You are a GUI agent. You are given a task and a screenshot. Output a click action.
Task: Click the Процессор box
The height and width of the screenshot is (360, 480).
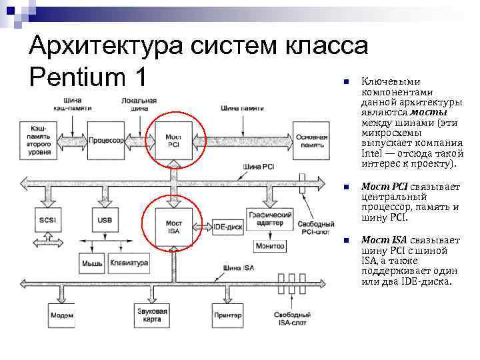(106, 140)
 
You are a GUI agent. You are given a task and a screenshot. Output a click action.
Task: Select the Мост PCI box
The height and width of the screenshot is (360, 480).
(173, 140)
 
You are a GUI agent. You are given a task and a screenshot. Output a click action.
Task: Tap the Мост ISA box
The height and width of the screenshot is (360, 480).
(173, 227)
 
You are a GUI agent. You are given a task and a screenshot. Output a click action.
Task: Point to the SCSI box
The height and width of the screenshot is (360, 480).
(46, 220)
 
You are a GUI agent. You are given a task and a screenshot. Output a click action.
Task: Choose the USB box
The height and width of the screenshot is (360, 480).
(105, 220)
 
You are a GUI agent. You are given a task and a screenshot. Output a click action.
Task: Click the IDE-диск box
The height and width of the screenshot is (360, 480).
(228, 227)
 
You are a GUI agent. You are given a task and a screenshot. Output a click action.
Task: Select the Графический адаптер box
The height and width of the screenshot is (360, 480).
(269, 219)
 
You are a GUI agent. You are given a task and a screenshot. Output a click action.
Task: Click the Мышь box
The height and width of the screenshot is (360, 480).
(92, 263)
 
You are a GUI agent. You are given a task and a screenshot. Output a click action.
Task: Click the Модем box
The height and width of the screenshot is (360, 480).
(61, 315)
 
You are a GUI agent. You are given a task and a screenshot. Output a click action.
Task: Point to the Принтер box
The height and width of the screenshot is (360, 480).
(227, 315)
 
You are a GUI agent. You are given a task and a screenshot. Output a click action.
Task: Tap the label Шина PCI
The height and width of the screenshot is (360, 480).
(257, 167)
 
